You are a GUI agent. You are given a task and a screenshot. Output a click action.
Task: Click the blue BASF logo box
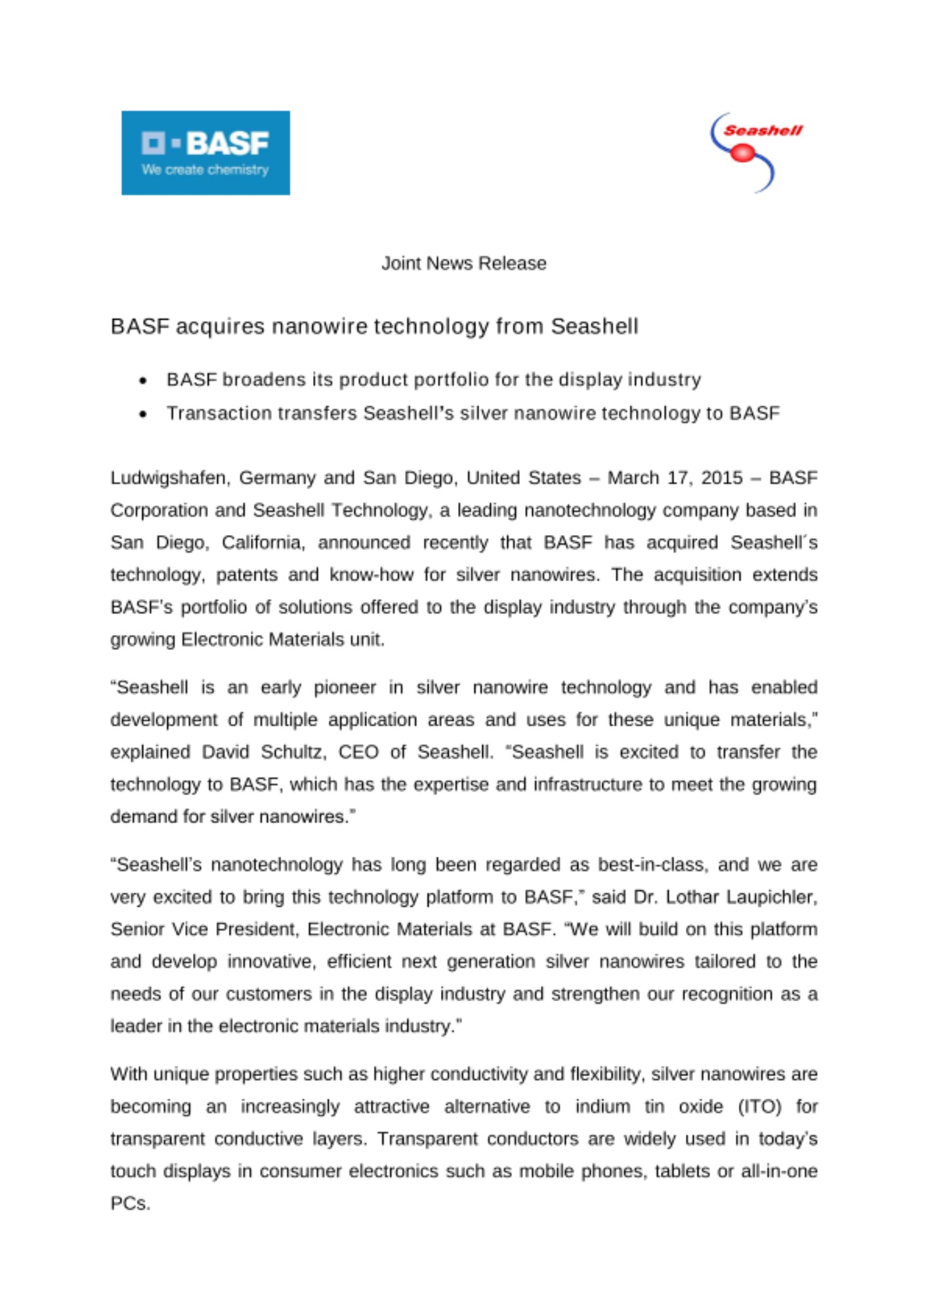coord(205,152)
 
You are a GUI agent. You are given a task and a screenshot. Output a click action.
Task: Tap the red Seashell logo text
coord(763,130)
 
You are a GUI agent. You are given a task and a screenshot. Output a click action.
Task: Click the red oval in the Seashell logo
coord(743,153)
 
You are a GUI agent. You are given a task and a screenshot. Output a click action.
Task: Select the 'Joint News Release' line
coord(463,263)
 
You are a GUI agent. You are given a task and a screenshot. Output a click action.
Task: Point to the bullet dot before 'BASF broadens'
coord(143,381)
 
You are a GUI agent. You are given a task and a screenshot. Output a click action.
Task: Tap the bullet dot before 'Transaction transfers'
coord(143,414)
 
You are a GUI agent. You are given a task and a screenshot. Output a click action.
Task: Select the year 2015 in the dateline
coord(721,477)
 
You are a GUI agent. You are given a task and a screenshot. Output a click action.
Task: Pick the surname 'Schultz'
coord(293,752)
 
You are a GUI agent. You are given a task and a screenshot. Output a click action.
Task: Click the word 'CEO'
coord(358,752)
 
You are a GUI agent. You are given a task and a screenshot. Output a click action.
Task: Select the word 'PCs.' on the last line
coord(130,1204)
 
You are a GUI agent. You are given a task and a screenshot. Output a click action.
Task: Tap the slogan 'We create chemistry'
coord(205,170)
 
